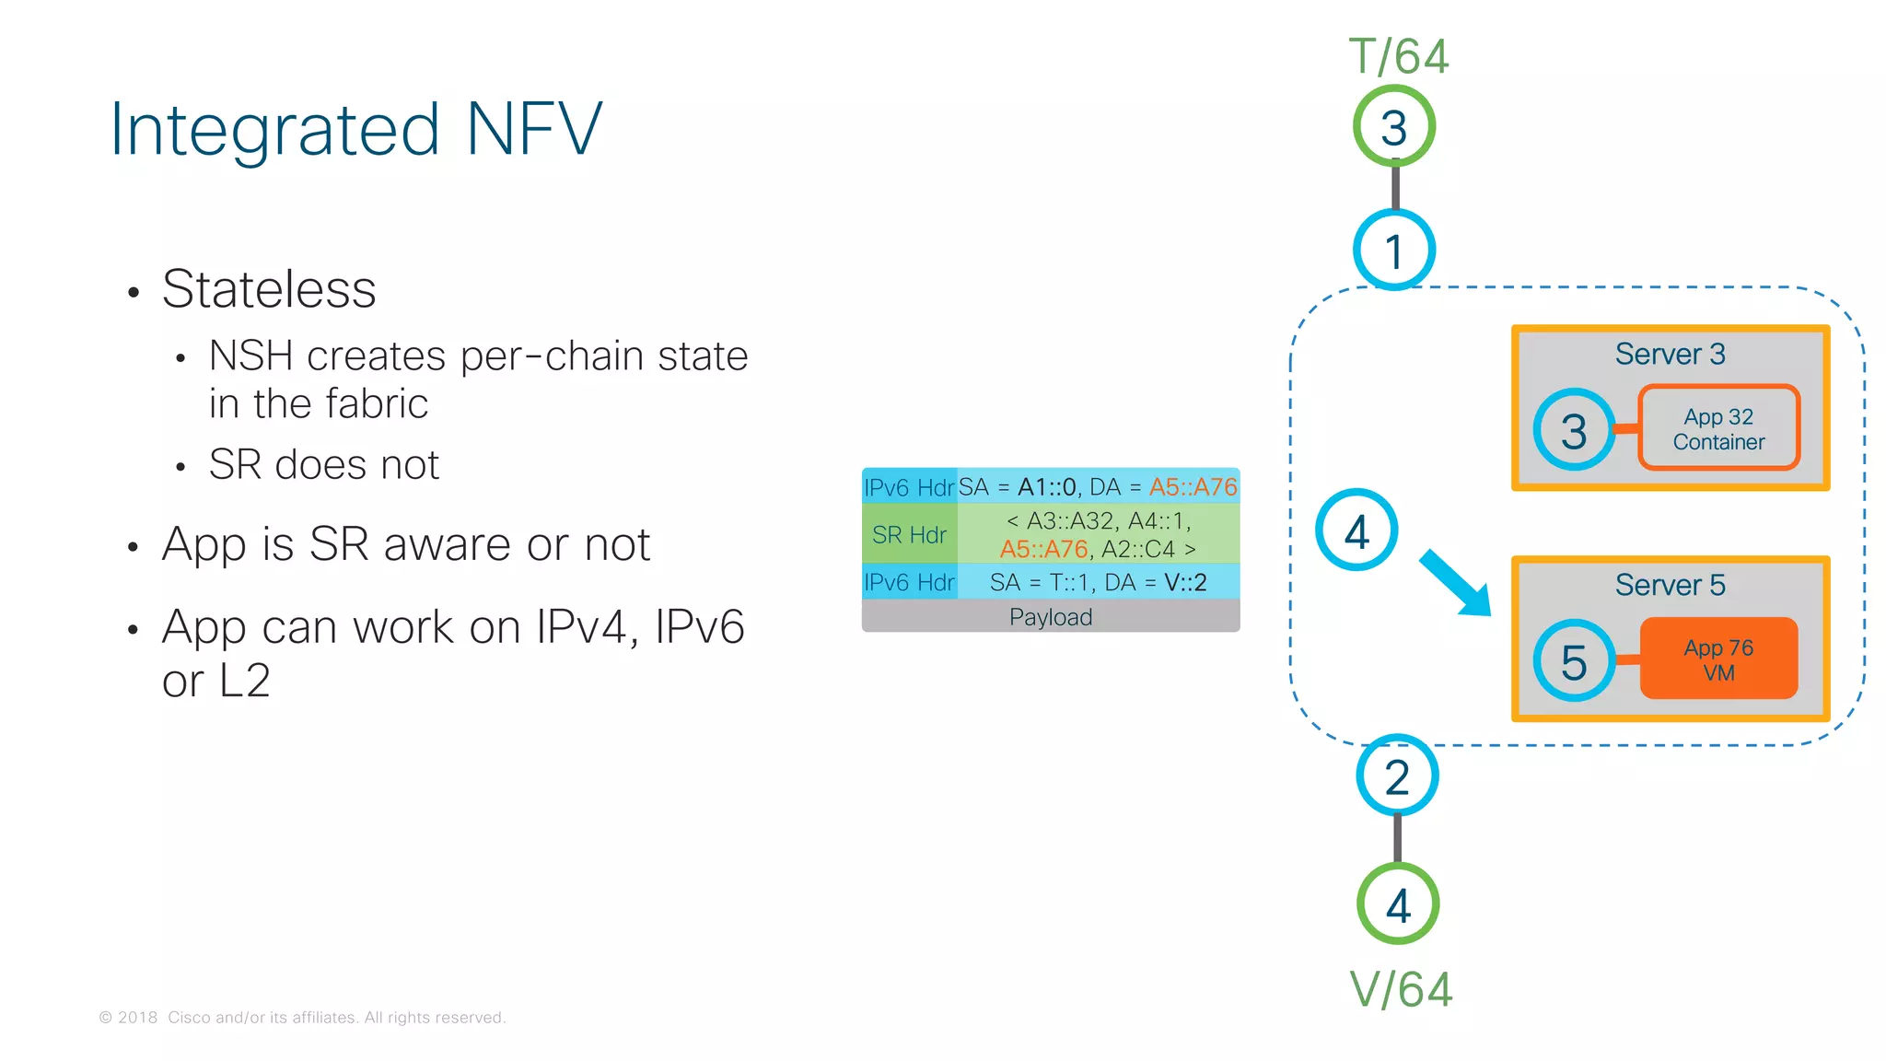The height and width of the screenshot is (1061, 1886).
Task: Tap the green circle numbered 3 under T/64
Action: pyautogui.click(x=1394, y=126)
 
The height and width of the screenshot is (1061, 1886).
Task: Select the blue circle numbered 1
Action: pyautogui.click(x=1394, y=251)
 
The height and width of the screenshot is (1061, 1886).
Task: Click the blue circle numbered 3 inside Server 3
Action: pyautogui.click(x=1574, y=430)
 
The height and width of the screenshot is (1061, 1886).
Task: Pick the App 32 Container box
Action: pyautogui.click(x=1718, y=429)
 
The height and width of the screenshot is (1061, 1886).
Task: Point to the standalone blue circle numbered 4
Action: pyautogui.click(x=1356, y=530)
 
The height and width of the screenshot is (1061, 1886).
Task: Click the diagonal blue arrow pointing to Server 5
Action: pyautogui.click(x=1455, y=583)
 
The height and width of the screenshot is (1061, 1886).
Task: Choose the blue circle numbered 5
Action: pyautogui.click(x=1574, y=661)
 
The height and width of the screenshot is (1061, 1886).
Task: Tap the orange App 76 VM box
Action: pyautogui.click(x=1718, y=659)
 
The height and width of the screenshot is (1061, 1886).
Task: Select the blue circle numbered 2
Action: pyautogui.click(x=1397, y=776)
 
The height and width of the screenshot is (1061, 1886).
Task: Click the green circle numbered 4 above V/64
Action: pyautogui.click(x=1398, y=904)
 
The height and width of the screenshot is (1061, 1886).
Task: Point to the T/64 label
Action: pyautogui.click(x=1399, y=57)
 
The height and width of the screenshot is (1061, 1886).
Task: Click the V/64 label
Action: pyautogui.click(x=1401, y=990)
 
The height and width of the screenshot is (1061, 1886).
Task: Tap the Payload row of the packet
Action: pyautogui.click(x=1051, y=617)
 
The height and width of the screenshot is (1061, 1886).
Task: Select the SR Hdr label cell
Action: pyautogui.click(x=909, y=535)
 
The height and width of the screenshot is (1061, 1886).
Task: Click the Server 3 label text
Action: pyautogui.click(x=1670, y=355)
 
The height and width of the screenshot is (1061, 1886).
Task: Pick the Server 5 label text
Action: pyautogui.click(x=1670, y=586)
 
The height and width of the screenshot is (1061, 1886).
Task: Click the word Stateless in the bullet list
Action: pyautogui.click(x=269, y=289)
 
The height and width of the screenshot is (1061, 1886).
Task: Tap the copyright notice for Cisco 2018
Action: pyautogui.click(x=302, y=1018)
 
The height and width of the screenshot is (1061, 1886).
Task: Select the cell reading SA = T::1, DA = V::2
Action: pyautogui.click(x=1098, y=582)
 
